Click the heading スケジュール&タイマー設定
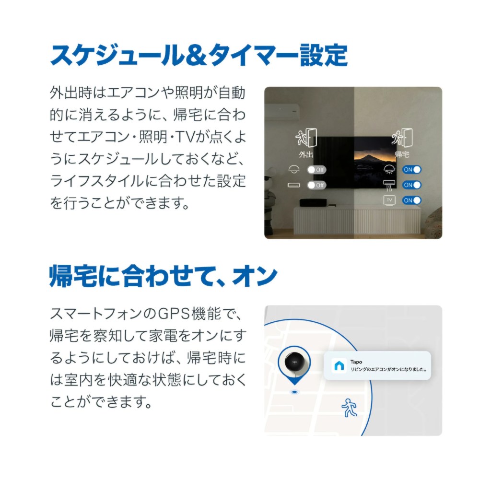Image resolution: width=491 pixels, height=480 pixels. click(x=199, y=56)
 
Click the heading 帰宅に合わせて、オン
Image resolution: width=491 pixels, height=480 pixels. click(x=164, y=276)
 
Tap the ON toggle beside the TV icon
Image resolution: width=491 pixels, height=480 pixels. click(x=412, y=200)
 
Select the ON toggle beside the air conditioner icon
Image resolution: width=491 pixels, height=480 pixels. click(x=412, y=185)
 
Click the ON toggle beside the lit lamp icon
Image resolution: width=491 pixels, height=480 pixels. click(x=412, y=170)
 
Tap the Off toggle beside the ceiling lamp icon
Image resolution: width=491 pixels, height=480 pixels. click(x=316, y=170)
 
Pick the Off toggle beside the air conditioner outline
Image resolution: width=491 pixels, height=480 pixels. click(x=316, y=185)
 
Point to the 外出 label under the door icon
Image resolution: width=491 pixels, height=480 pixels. click(x=305, y=154)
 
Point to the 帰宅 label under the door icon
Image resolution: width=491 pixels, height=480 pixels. click(x=402, y=154)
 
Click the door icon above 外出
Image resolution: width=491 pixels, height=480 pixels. click(x=306, y=138)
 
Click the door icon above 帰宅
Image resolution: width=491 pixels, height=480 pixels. click(x=402, y=138)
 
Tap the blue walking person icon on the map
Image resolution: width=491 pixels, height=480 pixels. click(x=349, y=408)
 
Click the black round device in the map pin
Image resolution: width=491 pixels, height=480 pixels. click(x=294, y=362)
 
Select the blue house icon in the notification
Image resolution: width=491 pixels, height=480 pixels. click(x=339, y=365)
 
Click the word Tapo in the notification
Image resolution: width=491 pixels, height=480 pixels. click(x=356, y=362)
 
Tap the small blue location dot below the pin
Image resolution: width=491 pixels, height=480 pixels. click(x=294, y=392)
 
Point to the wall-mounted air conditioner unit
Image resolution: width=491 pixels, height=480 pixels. click(x=282, y=112)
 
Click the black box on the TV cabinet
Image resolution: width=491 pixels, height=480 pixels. click(x=313, y=202)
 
